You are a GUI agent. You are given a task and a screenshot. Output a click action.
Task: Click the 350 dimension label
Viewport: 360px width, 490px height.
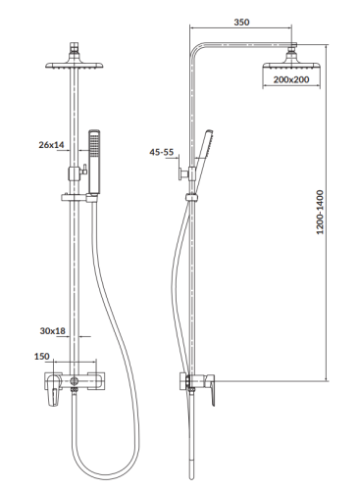click(241, 23)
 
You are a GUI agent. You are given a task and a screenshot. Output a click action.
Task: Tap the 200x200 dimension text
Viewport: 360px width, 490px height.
click(291, 79)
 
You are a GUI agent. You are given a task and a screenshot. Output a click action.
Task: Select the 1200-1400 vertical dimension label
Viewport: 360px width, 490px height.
click(320, 212)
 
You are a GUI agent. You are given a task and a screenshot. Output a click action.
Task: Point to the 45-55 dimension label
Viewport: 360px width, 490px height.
click(162, 152)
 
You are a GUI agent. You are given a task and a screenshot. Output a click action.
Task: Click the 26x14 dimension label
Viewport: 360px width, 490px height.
click(51, 145)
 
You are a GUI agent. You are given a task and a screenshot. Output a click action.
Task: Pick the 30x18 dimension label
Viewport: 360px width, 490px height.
click(53, 331)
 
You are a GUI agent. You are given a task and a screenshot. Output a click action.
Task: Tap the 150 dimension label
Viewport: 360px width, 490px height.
click(42, 357)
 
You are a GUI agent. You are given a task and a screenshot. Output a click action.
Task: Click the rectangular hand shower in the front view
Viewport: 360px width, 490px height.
click(94, 161)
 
